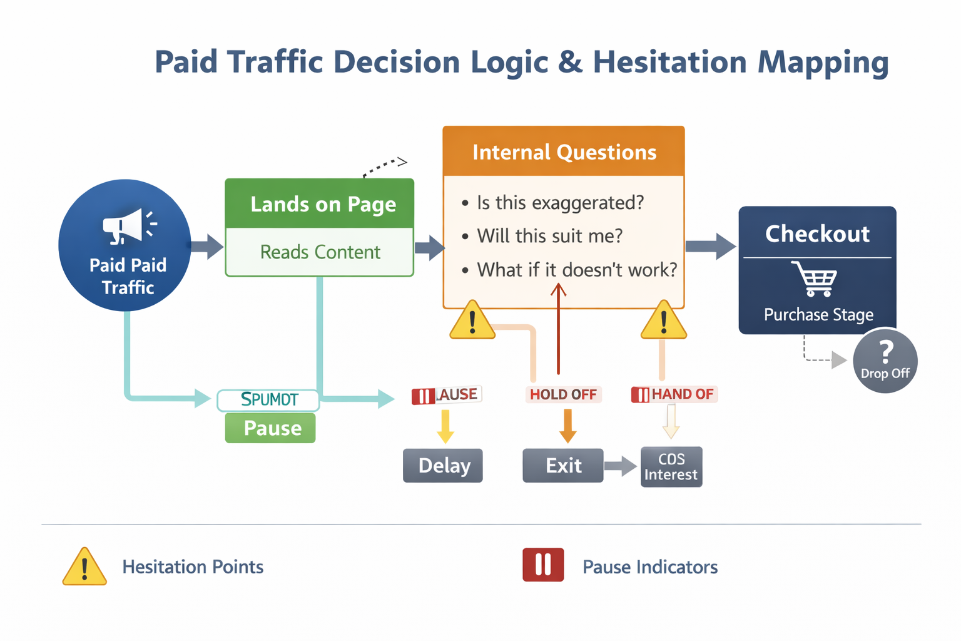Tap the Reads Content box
(x=320, y=252)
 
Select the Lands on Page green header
(x=320, y=204)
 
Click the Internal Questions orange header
(x=564, y=152)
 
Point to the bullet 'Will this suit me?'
(x=549, y=236)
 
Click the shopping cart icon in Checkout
(x=815, y=279)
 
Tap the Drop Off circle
(x=885, y=361)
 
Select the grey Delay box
(x=443, y=466)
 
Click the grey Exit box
(x=563, y=466)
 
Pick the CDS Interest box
(x=671, y=467)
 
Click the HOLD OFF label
(x=563, y=394)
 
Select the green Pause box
(x=270, y=429)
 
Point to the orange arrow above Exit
(x=567, y=426)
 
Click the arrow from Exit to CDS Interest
(x=621, y=466)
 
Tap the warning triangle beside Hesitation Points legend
(x=84, y=567)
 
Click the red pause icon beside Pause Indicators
(x=543, y=565)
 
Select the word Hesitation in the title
(x=669, y=62)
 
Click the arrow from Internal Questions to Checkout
(x=711, y=246)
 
